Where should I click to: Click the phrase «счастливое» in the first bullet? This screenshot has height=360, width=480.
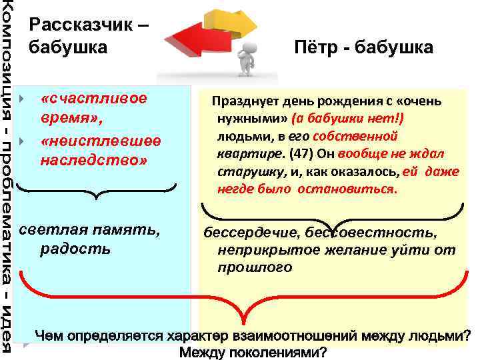[93, 98]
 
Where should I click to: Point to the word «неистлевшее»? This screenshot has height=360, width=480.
[100, 141]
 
